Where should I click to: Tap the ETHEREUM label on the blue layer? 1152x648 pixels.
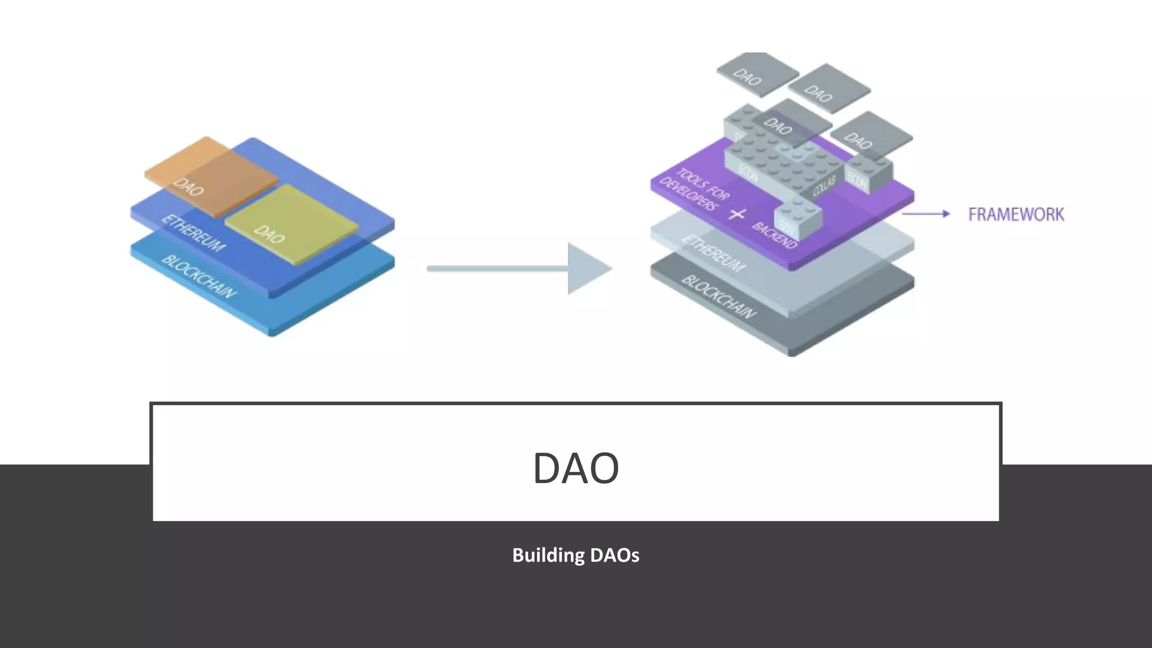pyautogui.click(x=193, y=233)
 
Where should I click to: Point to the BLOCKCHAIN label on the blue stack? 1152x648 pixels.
pyautogui.click(x=199, y=277)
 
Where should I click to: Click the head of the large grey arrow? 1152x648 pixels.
pyautogui.click(x=587, y=269)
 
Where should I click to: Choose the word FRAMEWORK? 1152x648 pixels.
pyautogui.click(x=1016, y=215)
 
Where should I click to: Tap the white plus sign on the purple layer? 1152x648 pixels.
pyautogui.click(x=737, y=214)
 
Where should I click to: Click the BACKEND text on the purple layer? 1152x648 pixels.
pyautogui.click(x=774, y=235)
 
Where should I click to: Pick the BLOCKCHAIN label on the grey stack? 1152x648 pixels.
pyautogui.click(x=719, y=296)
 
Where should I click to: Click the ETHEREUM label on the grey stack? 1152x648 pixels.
pyautogui.click(x=713, y=254)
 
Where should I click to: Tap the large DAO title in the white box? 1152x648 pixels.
pyautogui.click(x=575, y=468)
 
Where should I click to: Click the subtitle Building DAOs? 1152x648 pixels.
pyautogui.click(x=575, y=555)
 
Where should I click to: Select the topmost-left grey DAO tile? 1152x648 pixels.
pyautogui.click(x=757, y=73)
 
